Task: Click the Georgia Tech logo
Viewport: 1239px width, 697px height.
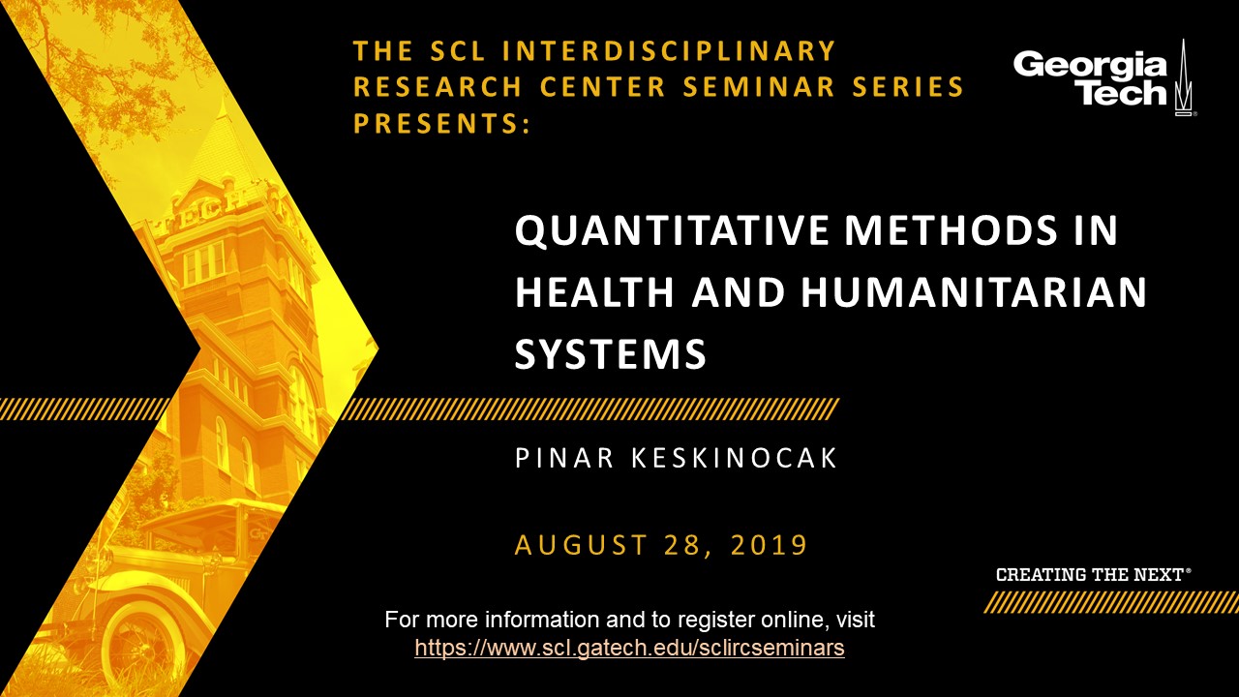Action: [1103, 77]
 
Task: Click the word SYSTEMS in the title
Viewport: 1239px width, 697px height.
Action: [611, 353]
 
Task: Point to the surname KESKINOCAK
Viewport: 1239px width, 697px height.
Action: [735, 458]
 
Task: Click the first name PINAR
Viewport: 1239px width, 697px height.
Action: [564, 458]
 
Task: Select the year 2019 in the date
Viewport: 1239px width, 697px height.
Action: [770, 544]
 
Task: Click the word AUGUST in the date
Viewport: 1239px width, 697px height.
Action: [581, 544]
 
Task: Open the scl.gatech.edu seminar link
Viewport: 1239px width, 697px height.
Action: [629, 648]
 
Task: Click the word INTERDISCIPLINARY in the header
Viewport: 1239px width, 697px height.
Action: [669, 51]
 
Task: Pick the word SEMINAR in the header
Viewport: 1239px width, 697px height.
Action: [759, 87]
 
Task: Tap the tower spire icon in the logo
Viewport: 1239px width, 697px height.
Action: [1183, 77]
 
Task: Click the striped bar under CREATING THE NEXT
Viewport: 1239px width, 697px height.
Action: [1110, 602]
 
